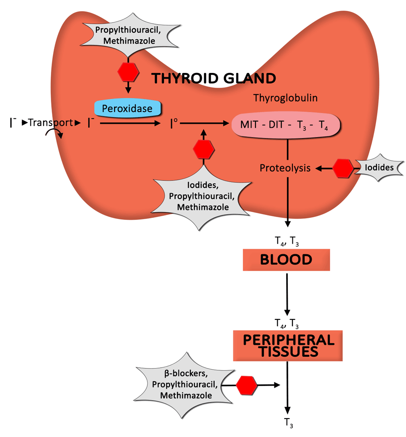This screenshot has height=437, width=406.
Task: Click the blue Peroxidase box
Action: coord(128,109)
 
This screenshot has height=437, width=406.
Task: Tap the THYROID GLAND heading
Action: coord(213,78)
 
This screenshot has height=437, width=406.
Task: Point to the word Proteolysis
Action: coord(285,168)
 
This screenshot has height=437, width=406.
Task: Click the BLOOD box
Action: coord(286,259)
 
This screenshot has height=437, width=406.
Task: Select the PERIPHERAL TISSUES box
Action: coord(287,346)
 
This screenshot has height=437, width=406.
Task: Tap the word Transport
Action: coord(50,122)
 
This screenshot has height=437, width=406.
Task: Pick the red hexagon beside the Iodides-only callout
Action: coord(342,168)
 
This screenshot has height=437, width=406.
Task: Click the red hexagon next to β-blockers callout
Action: coord(246,385)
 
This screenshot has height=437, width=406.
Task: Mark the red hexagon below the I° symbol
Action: coord(204,149)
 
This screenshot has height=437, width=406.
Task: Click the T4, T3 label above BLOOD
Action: coord(287,241)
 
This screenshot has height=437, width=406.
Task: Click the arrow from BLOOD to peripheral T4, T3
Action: coord(287,293)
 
